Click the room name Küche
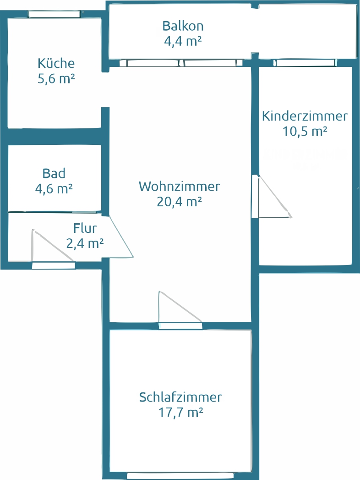(x=56, y=63)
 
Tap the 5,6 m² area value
(x=56, y=78)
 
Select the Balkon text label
(x=183, y=26)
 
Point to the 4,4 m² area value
(x=183, y=41)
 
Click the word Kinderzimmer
(x=305, y=116)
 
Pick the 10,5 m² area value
(x=305, y=131)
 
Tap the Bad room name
(x=54, y=173)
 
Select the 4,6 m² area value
(x=54, y=188)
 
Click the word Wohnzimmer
(x=180, y=187)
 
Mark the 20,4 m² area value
(x=180, y=202)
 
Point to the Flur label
(x=85, y=228)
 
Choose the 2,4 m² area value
(x=85, y=243)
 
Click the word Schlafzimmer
(x=180, y=397)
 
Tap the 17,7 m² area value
(x=180, y=412)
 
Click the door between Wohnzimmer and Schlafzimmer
(x=180, y=326)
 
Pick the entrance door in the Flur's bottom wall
(x=53, y=265)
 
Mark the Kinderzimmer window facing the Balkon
(x=305, y=63)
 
